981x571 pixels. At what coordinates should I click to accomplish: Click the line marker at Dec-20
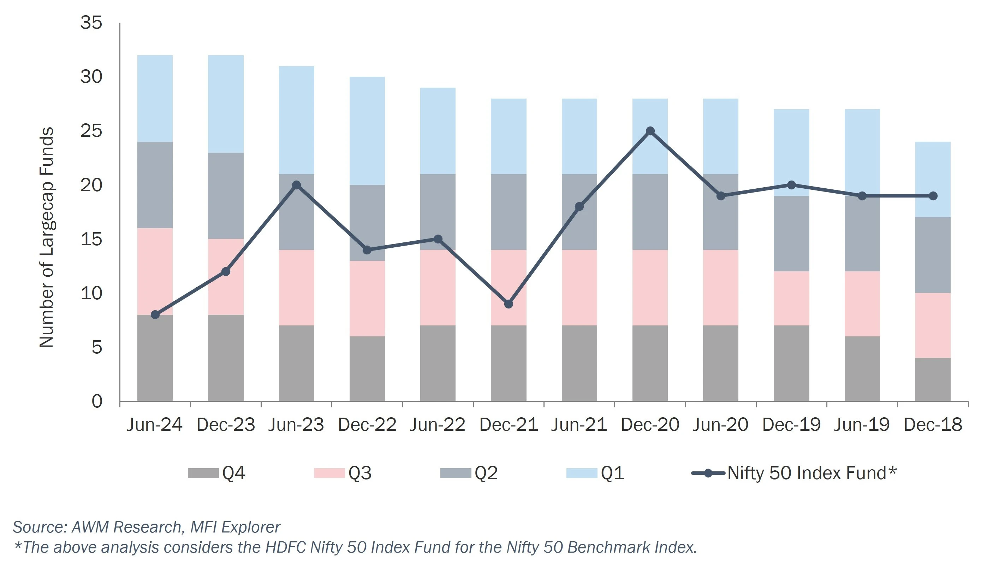650,131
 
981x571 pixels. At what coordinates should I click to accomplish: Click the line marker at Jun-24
155,314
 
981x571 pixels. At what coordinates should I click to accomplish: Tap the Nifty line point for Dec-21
509,304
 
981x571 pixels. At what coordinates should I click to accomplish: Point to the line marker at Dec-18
933,195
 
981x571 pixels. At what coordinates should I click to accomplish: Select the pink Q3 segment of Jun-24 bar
155,271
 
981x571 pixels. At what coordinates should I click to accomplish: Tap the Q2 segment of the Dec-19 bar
791,233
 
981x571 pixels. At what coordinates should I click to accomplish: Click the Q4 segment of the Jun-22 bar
438,363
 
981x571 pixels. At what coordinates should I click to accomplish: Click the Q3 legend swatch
329,473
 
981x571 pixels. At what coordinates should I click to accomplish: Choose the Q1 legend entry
612,473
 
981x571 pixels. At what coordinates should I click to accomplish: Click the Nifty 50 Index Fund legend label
811,473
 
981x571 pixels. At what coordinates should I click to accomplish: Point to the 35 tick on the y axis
91,23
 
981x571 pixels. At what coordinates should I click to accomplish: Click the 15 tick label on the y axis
91,239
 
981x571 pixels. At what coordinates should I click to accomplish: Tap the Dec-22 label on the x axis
367,425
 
